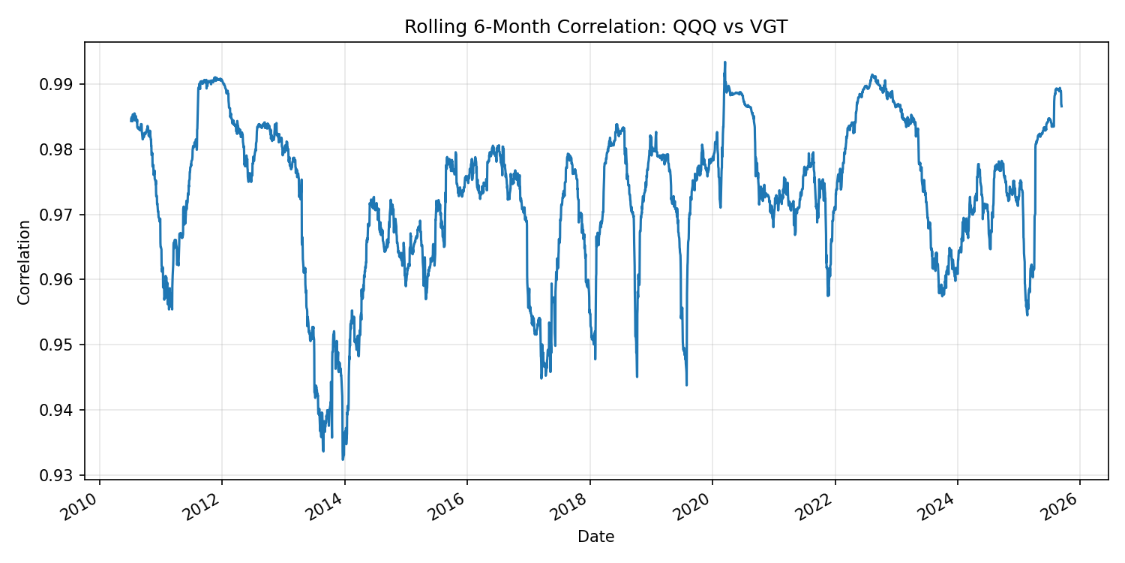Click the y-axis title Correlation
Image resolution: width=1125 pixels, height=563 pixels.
25,262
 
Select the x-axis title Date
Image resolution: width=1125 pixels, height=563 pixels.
595,537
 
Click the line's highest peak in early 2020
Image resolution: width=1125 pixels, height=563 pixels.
724,62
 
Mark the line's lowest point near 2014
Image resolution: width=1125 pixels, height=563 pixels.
343,459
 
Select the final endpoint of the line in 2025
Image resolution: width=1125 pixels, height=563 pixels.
1061,106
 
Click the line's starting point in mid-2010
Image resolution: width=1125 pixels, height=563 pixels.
131,120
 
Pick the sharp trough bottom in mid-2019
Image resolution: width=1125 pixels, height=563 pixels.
686,385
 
